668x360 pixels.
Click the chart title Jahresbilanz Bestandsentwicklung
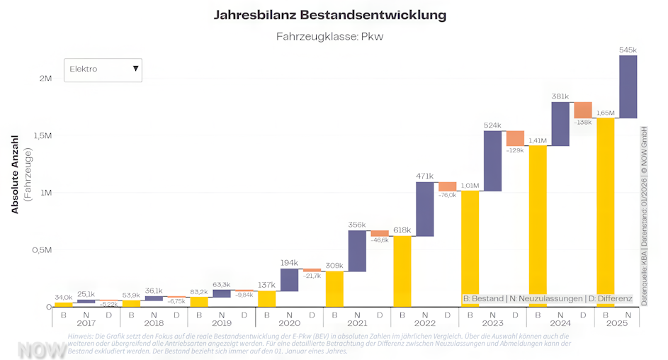tap(330, 15)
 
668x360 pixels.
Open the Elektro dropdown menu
tap(103, 69)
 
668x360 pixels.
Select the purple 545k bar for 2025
tap(628, 86)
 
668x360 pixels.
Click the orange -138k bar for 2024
tap(583, 110)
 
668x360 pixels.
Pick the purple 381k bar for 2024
tap(560, 124)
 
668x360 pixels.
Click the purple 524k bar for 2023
tap(492, 161)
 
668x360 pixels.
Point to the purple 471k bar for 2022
tap(424, 209)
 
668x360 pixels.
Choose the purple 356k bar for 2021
tap(357, 251)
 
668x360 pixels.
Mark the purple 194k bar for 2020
tap(289, 280)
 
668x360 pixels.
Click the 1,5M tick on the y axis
tap(42, 135)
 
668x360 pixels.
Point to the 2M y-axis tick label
tap(45, 78)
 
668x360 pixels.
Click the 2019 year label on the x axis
tap(221, 322)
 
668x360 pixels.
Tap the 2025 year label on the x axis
tap(617, 322)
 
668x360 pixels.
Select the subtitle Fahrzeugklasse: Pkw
tap(329, 36)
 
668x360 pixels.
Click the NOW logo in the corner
tap(42, 349)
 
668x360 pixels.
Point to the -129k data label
tap(515, 150)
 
